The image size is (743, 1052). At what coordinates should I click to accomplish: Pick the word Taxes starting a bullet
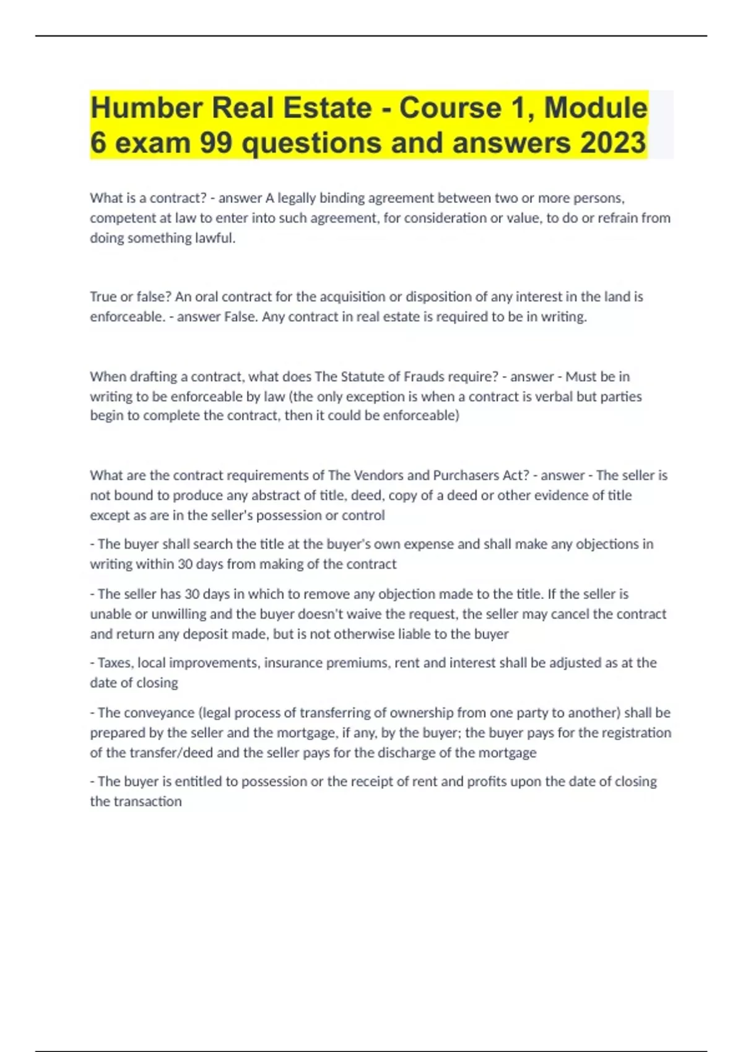pyautogui.click(x=114, y=663)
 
